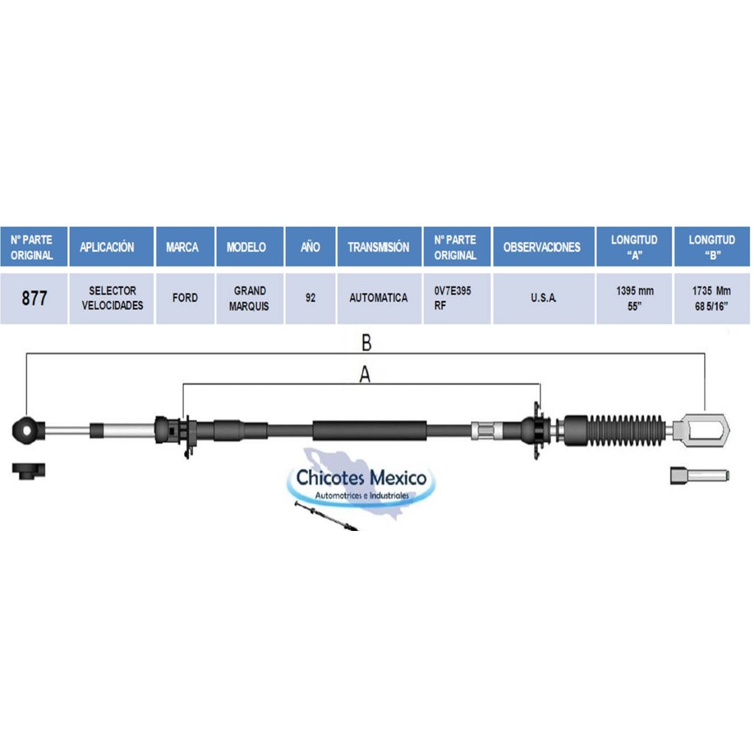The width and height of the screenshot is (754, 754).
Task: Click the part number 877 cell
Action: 34,298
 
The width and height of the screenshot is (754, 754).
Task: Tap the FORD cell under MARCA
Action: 185,298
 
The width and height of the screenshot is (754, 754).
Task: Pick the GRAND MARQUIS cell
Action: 249,298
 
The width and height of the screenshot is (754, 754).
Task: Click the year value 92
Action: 310,298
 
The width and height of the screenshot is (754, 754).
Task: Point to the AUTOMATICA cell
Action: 379,298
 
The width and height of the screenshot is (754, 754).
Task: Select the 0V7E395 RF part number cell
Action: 457,298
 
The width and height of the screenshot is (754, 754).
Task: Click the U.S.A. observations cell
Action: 544,298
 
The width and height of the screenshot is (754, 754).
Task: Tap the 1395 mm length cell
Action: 634,298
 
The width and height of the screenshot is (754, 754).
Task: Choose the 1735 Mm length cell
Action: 712,298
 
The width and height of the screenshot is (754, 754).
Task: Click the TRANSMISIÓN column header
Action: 379,247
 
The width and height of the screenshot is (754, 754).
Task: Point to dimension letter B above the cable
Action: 366,344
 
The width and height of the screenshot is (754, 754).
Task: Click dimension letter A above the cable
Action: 364,375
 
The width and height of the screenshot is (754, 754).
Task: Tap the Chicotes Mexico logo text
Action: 361,478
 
